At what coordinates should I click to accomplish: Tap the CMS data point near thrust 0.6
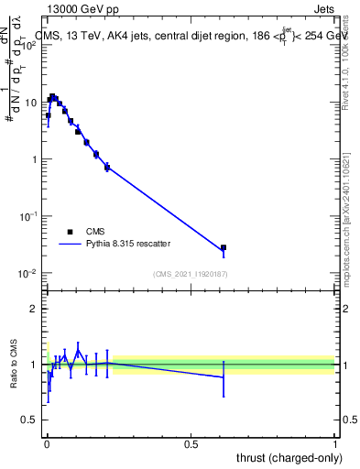tap(223, 247)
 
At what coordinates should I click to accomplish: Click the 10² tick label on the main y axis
tap(29, 46)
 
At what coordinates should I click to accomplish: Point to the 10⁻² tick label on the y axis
tap(29, 273)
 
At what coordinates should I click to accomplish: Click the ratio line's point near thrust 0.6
tap(223, 377)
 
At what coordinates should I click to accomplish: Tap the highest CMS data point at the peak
tap(52, 96)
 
